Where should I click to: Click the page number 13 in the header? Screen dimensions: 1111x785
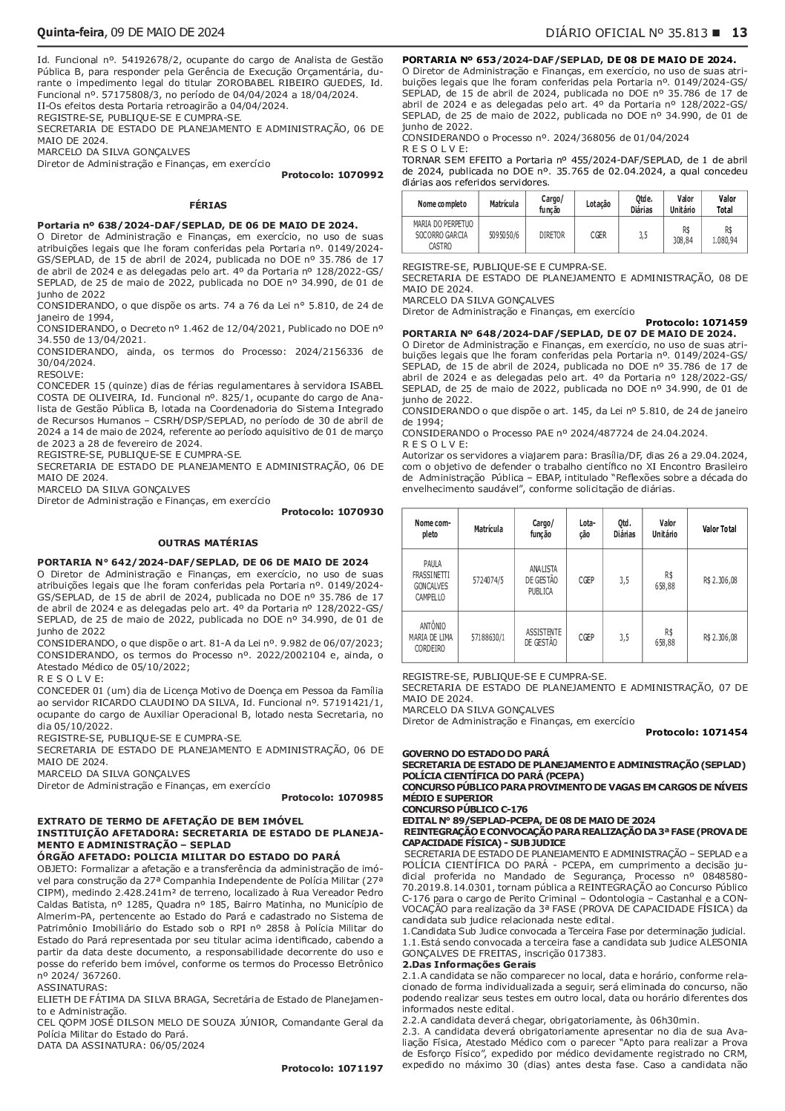[x=740, y=32]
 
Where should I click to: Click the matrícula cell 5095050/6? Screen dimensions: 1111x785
[x=505, y=235]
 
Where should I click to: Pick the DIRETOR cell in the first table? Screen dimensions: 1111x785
[x=552, y=235]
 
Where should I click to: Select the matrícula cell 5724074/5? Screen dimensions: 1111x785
[x=487, y=581]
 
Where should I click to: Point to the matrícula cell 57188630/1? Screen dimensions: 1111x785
[x=487, y=637]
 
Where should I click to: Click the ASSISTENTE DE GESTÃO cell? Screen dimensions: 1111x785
[x=544, y=637]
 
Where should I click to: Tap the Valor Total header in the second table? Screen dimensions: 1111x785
[x=719, y=528]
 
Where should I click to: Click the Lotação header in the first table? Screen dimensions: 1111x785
[x=598, y=203]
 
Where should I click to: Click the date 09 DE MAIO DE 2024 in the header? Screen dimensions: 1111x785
[x=167, y=32]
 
